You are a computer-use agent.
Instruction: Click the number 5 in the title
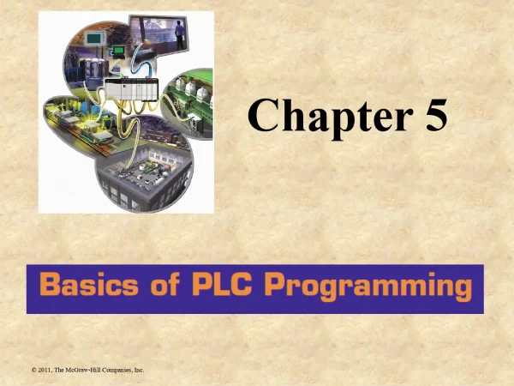pos(434,116)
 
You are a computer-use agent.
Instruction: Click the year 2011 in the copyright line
pos(48,370)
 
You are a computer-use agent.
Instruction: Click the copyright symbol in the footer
pos(33,370)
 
